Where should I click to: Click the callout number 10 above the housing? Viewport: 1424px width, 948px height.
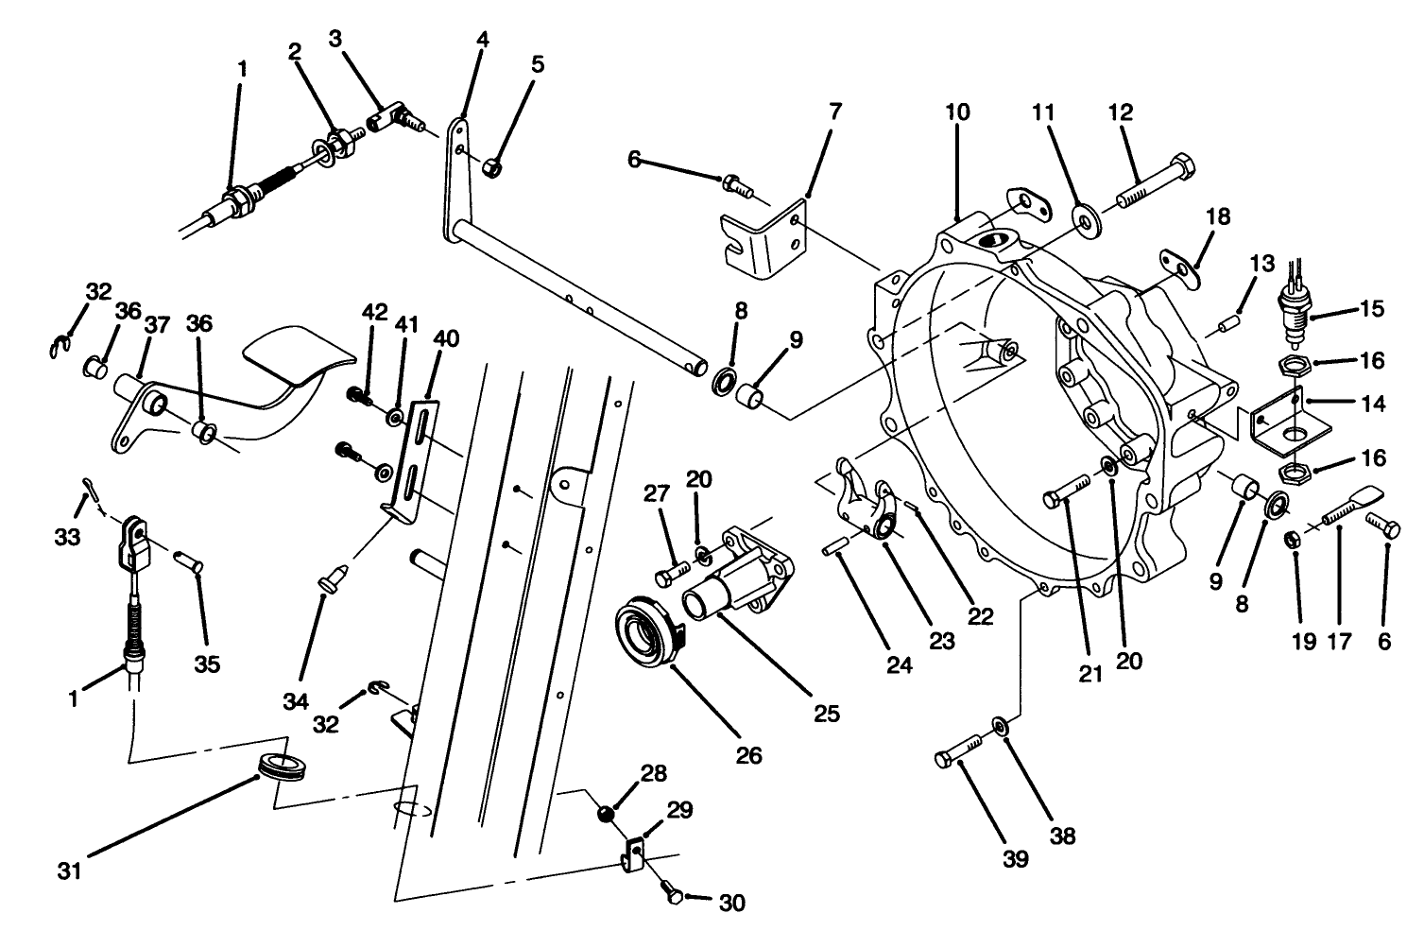tap(956, 112)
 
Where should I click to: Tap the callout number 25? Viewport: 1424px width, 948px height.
tap(826, 714)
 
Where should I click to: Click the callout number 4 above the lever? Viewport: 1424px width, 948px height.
tap(482, 41)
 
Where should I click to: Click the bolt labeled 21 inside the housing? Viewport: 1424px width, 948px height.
tap(1066, 495)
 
